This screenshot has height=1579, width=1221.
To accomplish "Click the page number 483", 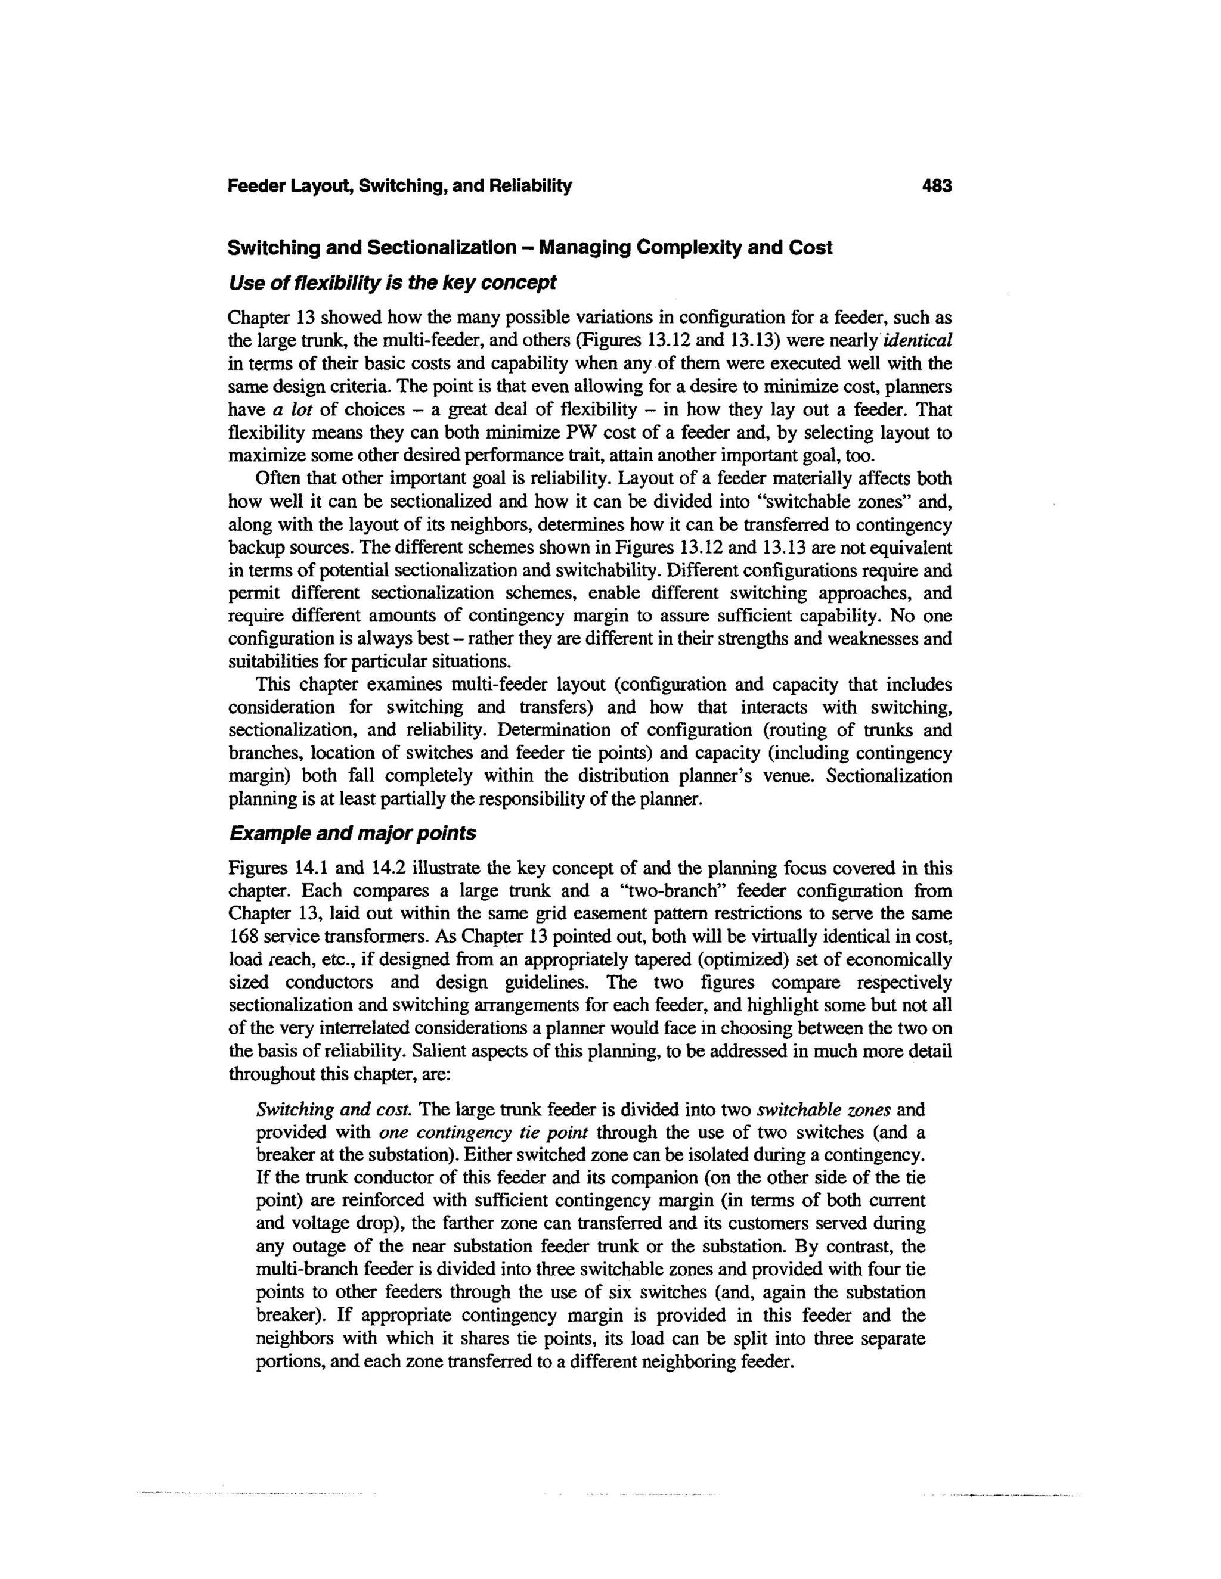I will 937,187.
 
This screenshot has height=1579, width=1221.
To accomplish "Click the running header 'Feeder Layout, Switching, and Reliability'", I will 399,187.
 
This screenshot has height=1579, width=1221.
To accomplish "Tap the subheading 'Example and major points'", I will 352,834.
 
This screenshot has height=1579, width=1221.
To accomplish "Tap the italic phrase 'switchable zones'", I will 823,1109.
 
